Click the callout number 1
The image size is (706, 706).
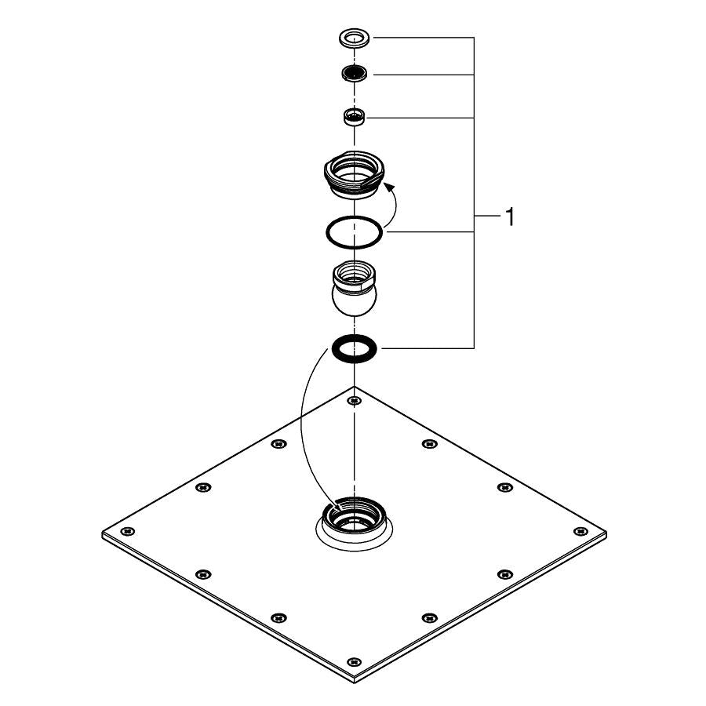click(510, 217)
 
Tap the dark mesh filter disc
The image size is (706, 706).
click(355, 75)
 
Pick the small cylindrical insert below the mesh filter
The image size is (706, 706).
click(355, 118)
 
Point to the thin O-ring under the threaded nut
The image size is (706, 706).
click(355, 231)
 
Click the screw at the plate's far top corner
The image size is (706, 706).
click(355, 401)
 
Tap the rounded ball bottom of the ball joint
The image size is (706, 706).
click(355, 304)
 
